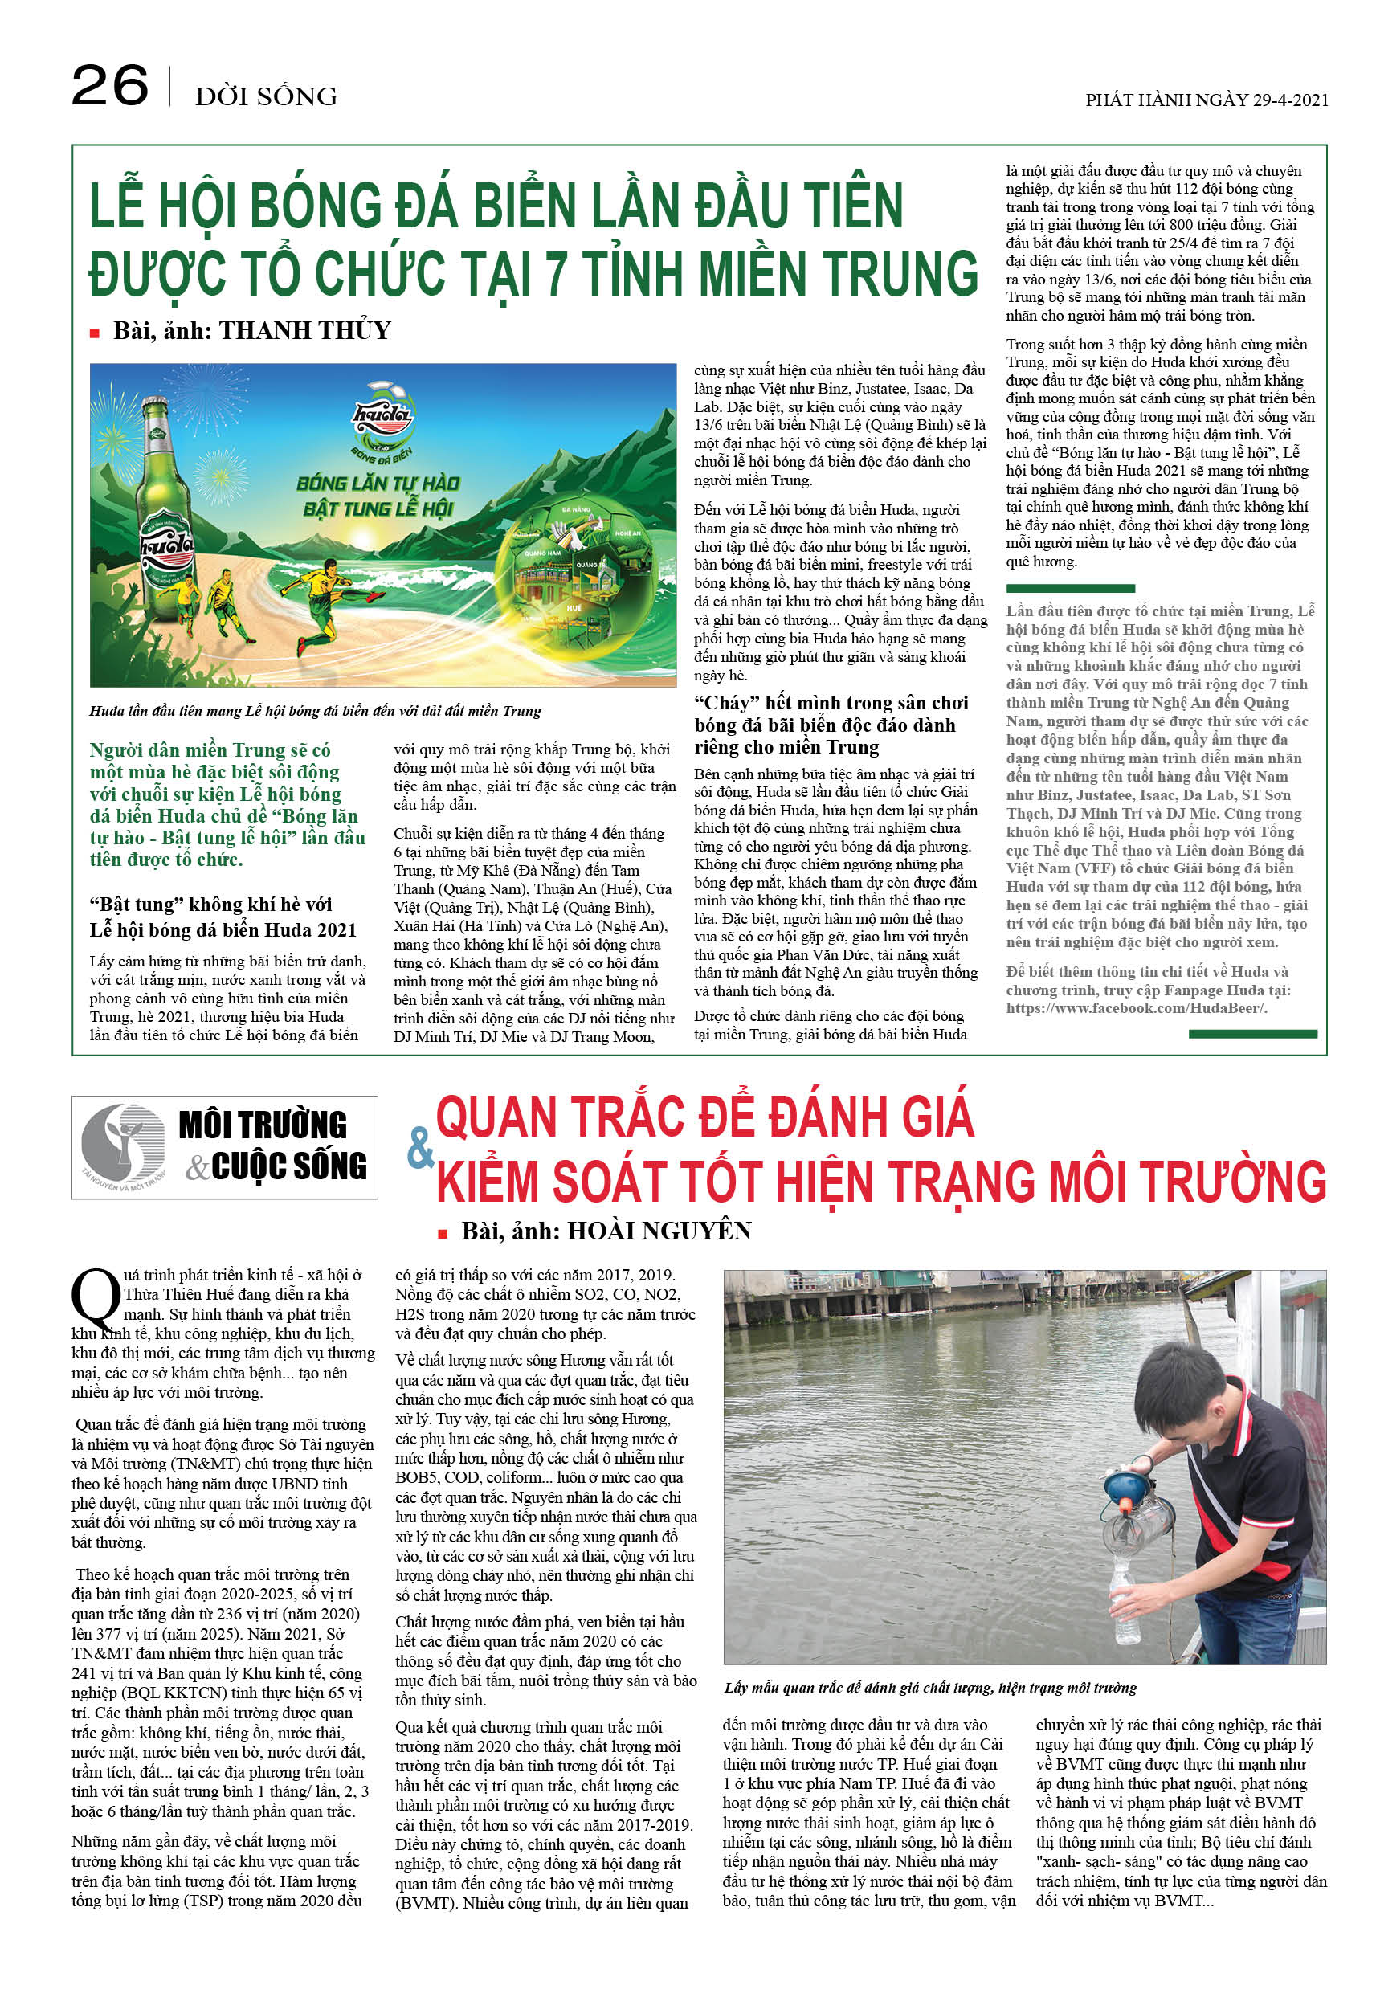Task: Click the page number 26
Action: point(109,86)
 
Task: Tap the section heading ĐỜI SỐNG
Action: point(266,96)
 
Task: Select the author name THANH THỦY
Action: point(304,330)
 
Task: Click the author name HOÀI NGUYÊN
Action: point(659,1231)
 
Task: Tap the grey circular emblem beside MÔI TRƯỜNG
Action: point(122,1143)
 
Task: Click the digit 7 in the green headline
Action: point(556,273)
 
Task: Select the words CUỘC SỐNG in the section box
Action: point(289,1166)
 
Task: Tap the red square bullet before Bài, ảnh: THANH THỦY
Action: point(95,333)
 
